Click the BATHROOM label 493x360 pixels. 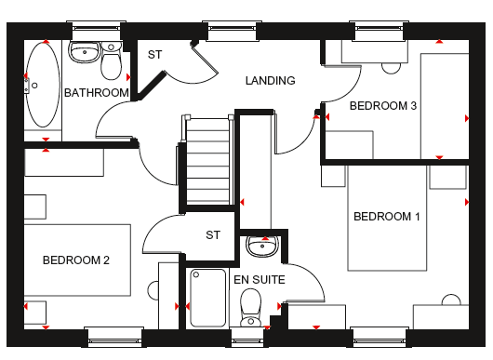click(97, 93)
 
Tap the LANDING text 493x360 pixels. click(271, 81)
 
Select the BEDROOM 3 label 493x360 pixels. click(383, 106)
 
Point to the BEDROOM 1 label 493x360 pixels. click(387, 217)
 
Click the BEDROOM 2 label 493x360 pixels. click(76, 260)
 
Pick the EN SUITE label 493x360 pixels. click(260, 279)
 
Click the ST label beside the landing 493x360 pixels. click(154, 55)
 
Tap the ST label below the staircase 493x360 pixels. click(213, 234)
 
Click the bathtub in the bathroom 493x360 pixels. click(43, 85)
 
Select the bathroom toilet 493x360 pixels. click(111, 60)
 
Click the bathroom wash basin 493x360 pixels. click(85, 51)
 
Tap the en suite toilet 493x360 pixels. click(250, 308)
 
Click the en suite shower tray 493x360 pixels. click(207, 298)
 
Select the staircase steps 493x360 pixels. click(207, 160)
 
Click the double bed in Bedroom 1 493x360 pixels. click(387, 218)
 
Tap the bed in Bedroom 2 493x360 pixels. click(77, 260)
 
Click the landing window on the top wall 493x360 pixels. click(232, 31)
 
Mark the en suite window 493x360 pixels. click(247, 338)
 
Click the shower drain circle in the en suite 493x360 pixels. click(196, 274)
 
